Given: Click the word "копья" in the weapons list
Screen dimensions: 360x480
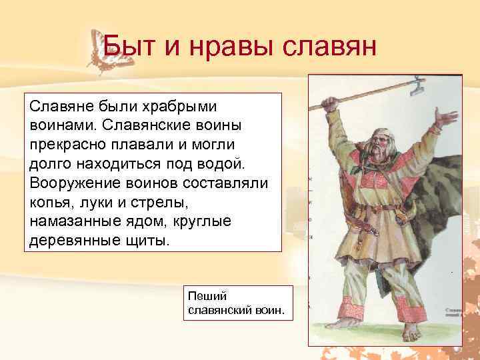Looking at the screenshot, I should point(53,201).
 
